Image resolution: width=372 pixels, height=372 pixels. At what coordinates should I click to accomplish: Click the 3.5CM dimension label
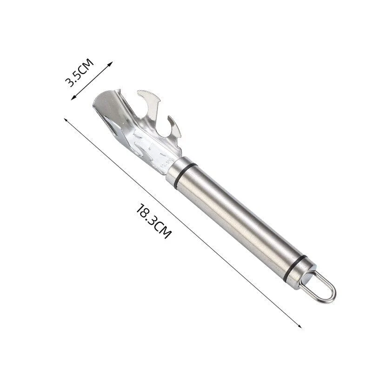79,73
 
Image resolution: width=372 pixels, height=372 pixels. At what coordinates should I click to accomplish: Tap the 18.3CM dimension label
153,220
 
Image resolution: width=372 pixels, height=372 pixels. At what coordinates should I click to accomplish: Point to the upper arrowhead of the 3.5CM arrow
111,64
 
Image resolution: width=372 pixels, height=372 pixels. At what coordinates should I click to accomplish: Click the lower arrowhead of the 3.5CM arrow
73,98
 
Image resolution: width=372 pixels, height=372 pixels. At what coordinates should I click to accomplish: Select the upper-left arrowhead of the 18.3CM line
66,120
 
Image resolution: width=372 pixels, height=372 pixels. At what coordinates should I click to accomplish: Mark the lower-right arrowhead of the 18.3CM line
299,326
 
